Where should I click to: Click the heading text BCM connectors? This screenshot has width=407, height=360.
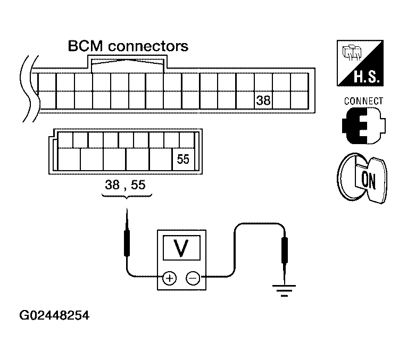coord(128,46)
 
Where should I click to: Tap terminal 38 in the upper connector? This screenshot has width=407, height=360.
coord(263,101)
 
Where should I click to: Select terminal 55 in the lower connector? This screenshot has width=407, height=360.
coord(183,159)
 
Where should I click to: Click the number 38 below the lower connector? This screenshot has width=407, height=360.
coord(112,185)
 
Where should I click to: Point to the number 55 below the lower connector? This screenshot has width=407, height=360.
coord(138,185)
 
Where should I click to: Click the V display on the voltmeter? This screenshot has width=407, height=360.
coord(181,248)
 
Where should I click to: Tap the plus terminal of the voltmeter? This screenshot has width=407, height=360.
coord(169,279)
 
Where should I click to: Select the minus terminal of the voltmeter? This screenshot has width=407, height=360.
coord(193,279)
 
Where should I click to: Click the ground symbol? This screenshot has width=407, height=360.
coord(284,290)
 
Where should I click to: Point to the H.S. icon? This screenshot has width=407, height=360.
coord(360,63)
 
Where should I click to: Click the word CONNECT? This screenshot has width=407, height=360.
coord(363,101)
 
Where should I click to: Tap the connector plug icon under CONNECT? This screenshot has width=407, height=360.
coord(364,126)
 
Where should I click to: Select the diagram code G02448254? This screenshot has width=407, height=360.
coord(54,315)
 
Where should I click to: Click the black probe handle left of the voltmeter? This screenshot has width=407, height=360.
coord(127,244)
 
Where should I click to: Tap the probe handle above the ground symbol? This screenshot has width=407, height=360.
coord(285,250)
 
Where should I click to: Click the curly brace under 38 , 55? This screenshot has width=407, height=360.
coord(127,196)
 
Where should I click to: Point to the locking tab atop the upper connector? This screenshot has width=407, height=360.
coord(127,62)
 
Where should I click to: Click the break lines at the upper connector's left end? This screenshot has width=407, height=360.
coord(30,89)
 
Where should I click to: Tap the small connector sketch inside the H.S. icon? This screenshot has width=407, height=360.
coord(352,52)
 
